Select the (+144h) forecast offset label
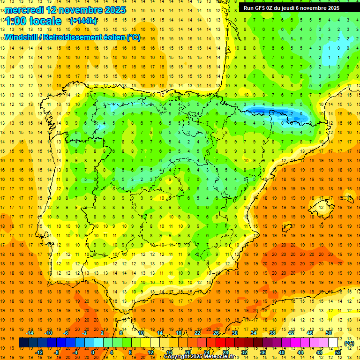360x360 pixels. click(x=83, y=21)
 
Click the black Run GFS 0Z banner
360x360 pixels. click(x=295, y=7)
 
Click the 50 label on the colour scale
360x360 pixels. click(x=328, y=333)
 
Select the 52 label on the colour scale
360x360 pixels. click(x=337, y=352)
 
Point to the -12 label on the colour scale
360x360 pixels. click(x=39, y=352)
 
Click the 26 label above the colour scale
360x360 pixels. click(x=216, y=333)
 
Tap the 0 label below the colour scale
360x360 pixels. click(x=92, y=352)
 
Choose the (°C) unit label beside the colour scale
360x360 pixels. click(x=349, y=343)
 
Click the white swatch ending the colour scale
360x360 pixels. click(x=333, y=343)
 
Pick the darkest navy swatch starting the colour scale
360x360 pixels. click(x=23, y=343)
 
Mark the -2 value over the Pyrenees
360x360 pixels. click(x=291, y=113)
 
